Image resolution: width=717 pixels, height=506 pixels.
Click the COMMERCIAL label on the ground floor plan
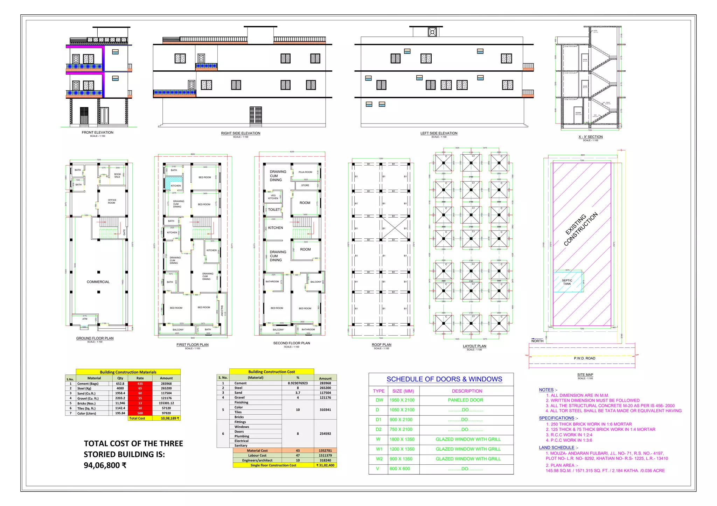pos(98,282)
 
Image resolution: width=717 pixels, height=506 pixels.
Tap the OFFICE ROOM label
pos(112,202)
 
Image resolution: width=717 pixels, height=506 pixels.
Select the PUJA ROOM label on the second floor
pos(305,172)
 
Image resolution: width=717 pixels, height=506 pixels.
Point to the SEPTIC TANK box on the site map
pos(568,282)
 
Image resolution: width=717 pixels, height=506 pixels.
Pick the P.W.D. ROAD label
pos(584,358)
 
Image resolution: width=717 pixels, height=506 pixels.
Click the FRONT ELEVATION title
pos(97,133)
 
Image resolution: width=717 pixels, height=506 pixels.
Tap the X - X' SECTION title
pos(590,137)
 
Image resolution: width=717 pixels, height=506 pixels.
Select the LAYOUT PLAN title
pos(474,346)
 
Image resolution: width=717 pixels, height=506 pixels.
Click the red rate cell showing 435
pos(140,384)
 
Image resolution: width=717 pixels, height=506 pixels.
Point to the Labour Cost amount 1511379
pos(325,456)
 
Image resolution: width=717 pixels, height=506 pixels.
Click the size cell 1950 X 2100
pos(402,400)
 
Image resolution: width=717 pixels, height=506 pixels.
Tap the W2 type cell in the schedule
pos(379,459)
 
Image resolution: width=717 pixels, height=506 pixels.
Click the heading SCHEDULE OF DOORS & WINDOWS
pos(444,379)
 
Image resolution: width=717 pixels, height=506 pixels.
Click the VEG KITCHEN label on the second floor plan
pos(273,197)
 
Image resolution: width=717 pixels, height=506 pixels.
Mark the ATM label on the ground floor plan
pos(85,319)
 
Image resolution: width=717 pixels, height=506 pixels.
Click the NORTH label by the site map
pos(537,341)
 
